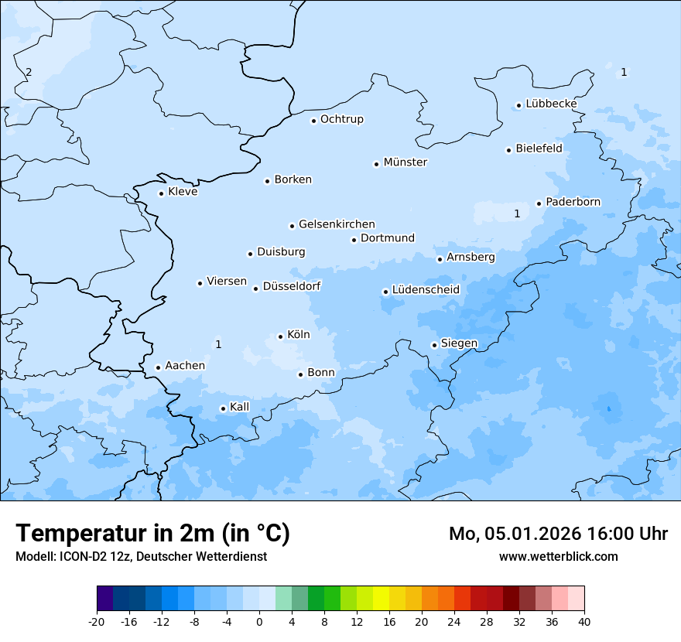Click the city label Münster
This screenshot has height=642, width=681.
pos(406,162)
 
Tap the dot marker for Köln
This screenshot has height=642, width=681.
pos(281,336)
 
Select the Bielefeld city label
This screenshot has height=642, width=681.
pos(539,148)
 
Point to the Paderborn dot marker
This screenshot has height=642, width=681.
pos(539,203)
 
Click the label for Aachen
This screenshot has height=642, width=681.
pos(185,366)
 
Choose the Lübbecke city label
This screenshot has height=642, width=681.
pos(551,104)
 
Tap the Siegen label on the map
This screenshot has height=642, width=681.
pos(459,343)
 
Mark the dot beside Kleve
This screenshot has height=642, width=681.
pos(162,193)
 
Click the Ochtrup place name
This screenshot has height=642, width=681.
pos(341,119)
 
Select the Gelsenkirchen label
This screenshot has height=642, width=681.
pos(337,224)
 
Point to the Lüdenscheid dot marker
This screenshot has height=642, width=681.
pos(385,292)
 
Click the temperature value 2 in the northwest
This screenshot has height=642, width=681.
pos(29,72)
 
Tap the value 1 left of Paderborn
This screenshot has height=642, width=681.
pos(517,213)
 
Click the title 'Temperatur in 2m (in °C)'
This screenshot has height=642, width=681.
pos(152,534)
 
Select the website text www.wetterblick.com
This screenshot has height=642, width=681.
pos(558,556)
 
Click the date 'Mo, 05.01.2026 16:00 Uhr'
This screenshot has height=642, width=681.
pos(558,534)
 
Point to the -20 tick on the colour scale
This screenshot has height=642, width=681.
pos(97,621)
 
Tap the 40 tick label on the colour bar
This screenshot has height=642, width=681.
pos(584,621)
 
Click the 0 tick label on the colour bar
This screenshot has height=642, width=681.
pos(259,621)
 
